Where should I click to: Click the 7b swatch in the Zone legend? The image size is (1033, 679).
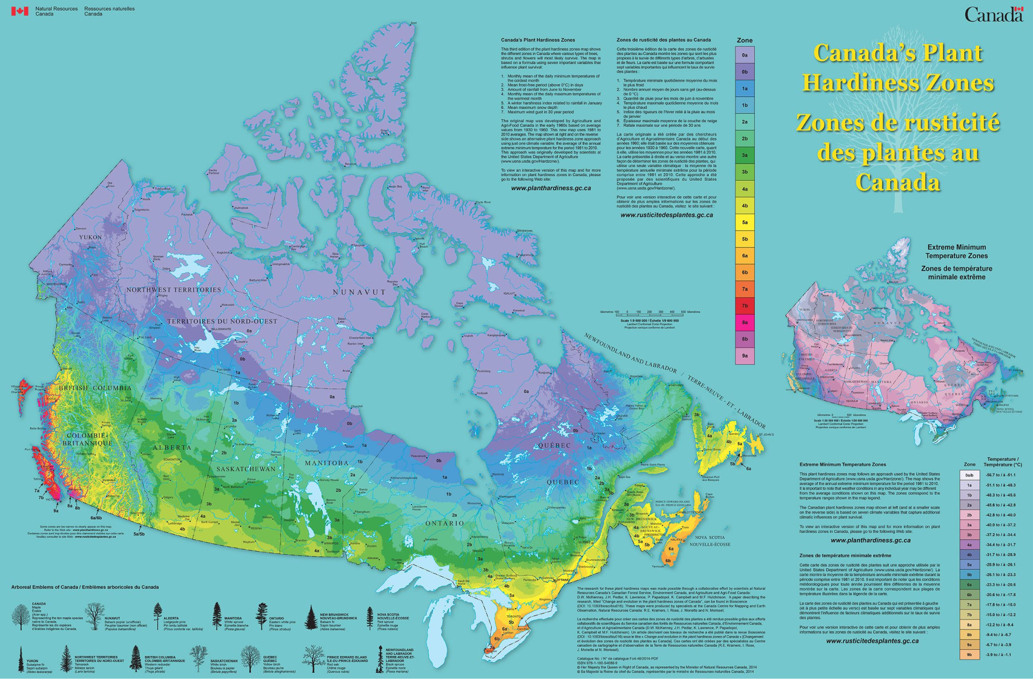pyautogui.click(x=745, y=306)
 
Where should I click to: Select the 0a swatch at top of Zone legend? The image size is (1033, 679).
pyautogui.click(x=745, y=55)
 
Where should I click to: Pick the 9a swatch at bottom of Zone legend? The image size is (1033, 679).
pyautogui.click(x=745, y=356)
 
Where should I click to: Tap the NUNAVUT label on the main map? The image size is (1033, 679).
pyautogui.click(x=359, y=292)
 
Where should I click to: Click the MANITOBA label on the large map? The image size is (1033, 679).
pyautogui.click(x=327, y=463)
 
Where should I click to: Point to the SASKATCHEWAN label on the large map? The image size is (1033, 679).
pyautogui.click(x=245, y=469)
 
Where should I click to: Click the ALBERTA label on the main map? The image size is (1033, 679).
pyautogui.click(x=172, y=448)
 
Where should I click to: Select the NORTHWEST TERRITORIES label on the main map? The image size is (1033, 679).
pyautogui.click(x=174, y=290)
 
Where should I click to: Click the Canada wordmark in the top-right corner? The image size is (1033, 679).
pyautogui.click(x=993, y=15)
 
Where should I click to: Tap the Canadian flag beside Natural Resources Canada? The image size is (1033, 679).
pyautogui.click(x=20, y=11)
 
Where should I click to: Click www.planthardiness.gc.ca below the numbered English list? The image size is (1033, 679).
pyautogui.click(x=551, y=188)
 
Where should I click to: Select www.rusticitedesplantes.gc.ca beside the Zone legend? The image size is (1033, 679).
pyautogui.click(x=667, y=215)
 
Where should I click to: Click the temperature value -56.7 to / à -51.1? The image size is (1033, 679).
pyautogui.click(x=1000, y=475)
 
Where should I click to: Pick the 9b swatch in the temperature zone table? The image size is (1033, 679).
pyautogui.click(x=969, y=655)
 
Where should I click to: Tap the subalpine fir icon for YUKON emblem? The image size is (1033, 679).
pyautogui.click(x=21, y=660)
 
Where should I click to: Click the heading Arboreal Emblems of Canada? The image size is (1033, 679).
pyautogui.click(x=84, y=587)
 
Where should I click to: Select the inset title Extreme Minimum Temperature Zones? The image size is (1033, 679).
pyautogui.click(x=956, y=251)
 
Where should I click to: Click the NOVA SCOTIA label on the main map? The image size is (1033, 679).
pyautogui.click(x=710, y=537)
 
